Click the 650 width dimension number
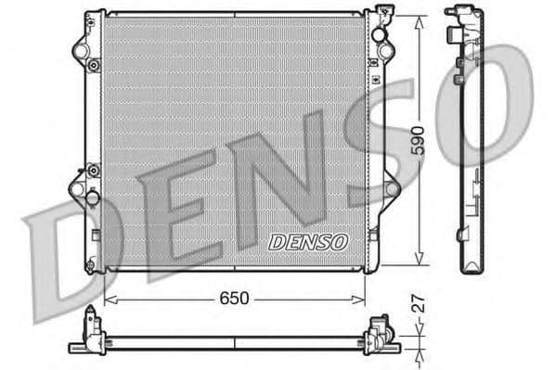click(233, 299)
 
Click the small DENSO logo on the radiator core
click(307, 241)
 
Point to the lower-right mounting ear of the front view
click(391, 189)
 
